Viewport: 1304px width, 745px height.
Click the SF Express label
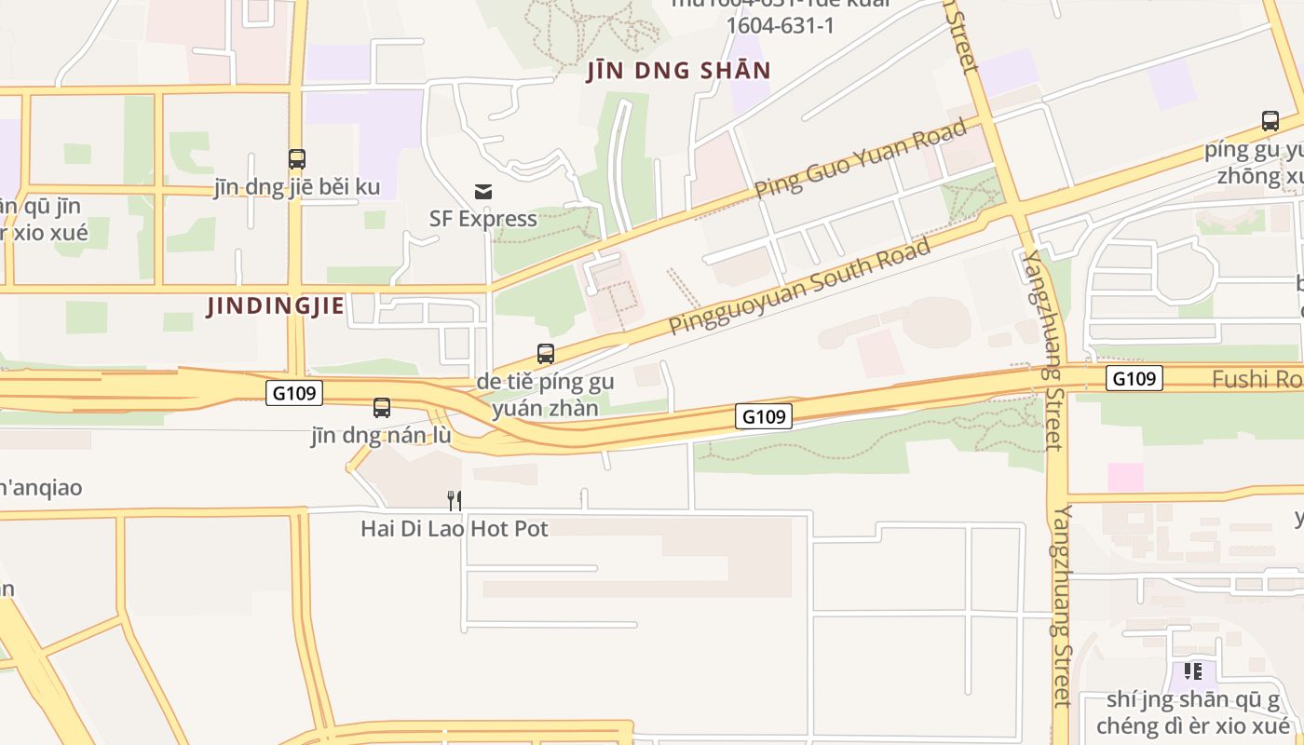pos(482,219)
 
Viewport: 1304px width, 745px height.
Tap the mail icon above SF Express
pos(483,192)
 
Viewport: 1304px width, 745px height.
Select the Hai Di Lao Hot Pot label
pos(455,529)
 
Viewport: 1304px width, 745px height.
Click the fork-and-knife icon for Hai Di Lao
pos(455,501)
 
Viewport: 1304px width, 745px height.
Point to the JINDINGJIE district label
pos(276,305)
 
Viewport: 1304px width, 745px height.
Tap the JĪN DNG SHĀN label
pos(679,71)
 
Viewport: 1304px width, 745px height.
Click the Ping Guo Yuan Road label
pos(861,158)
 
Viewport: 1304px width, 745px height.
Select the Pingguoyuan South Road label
pos(800,286)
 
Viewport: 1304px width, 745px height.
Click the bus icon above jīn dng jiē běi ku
pos(297,159)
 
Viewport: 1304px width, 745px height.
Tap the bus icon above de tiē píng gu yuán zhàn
pos(546,354)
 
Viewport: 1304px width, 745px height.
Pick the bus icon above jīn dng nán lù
pos(382,407)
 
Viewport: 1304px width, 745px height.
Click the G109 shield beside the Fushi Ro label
pos(1134,378)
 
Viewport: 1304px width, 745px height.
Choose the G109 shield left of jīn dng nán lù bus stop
pos(294,393)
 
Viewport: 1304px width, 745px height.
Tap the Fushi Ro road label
pos(1256,379)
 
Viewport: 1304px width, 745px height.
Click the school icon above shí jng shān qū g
pos(1193,670)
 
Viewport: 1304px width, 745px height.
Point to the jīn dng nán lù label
pos(381,436)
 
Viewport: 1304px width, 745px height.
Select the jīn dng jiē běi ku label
pos(297,187)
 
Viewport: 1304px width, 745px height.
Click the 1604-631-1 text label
pos(780,25)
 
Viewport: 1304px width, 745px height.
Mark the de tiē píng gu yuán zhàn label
pos(545,395)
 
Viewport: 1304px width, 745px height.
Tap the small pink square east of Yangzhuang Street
pos(1125,477)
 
